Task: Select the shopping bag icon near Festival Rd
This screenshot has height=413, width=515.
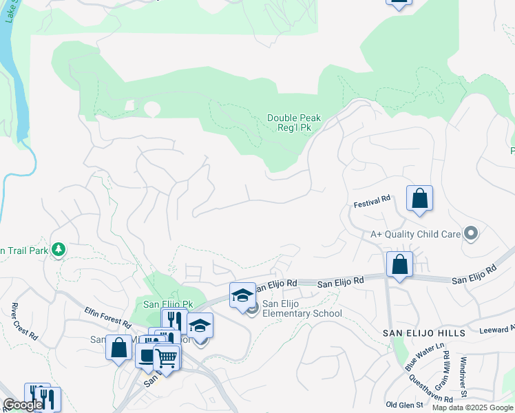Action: pyautogui.click(x=419, y=199)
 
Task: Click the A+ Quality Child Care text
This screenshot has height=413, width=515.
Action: pyautogui.click(x=415, y=234)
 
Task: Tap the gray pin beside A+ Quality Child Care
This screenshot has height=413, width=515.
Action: pyautogui.click(x=471, y=234)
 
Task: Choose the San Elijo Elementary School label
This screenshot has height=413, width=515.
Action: pyautogui.click(x=302, y=309)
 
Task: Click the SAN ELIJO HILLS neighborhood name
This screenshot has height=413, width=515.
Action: pyautogui.click(x=424, y=333)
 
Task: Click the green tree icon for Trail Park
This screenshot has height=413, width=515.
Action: pyautogui.click(x=59, y=249)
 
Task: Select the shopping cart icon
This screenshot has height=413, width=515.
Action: pyautogui.click(x=166, y=357)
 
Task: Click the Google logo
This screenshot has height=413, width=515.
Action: pyautogui.click(x=23, y=405)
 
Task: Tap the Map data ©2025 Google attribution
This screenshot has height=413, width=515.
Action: pyautogui.click(x=472, y=407)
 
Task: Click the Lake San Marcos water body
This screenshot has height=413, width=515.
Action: pyautogui.click(x=17, y=76)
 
